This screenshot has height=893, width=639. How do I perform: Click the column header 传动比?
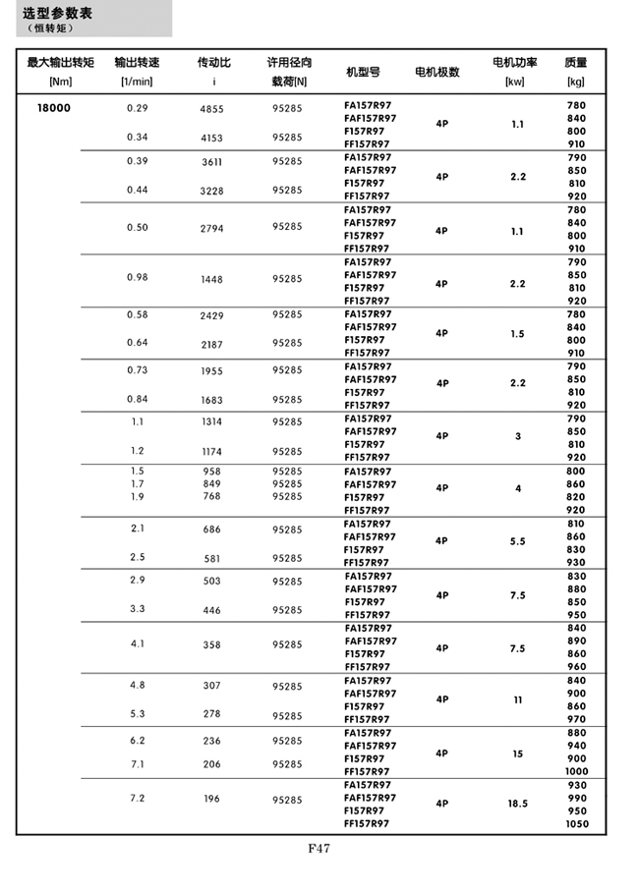[x=214, y=63]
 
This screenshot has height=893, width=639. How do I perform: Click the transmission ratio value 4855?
[x=211, y=109]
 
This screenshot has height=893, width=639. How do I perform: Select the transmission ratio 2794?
[x=211, y=228]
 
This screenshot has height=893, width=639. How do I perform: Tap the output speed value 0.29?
[x=137, y=108]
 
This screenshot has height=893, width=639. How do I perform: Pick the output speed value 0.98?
[x=137, y=277]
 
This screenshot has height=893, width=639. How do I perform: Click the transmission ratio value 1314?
[x=211, y=422]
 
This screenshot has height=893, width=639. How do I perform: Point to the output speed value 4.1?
[x=137, y=643]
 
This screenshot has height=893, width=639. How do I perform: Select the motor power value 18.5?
[x=517, y=804]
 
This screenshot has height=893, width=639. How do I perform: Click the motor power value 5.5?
[x=517, y=541]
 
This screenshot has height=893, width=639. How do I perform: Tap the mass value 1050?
[x=577, y=823]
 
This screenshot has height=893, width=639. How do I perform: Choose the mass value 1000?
[x=577, y=771]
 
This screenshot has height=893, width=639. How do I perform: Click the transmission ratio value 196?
[x=211, y=799]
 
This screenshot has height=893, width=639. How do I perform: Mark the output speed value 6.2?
[x=137, y=740]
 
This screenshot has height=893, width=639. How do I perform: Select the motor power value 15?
[x=517, y=753]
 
